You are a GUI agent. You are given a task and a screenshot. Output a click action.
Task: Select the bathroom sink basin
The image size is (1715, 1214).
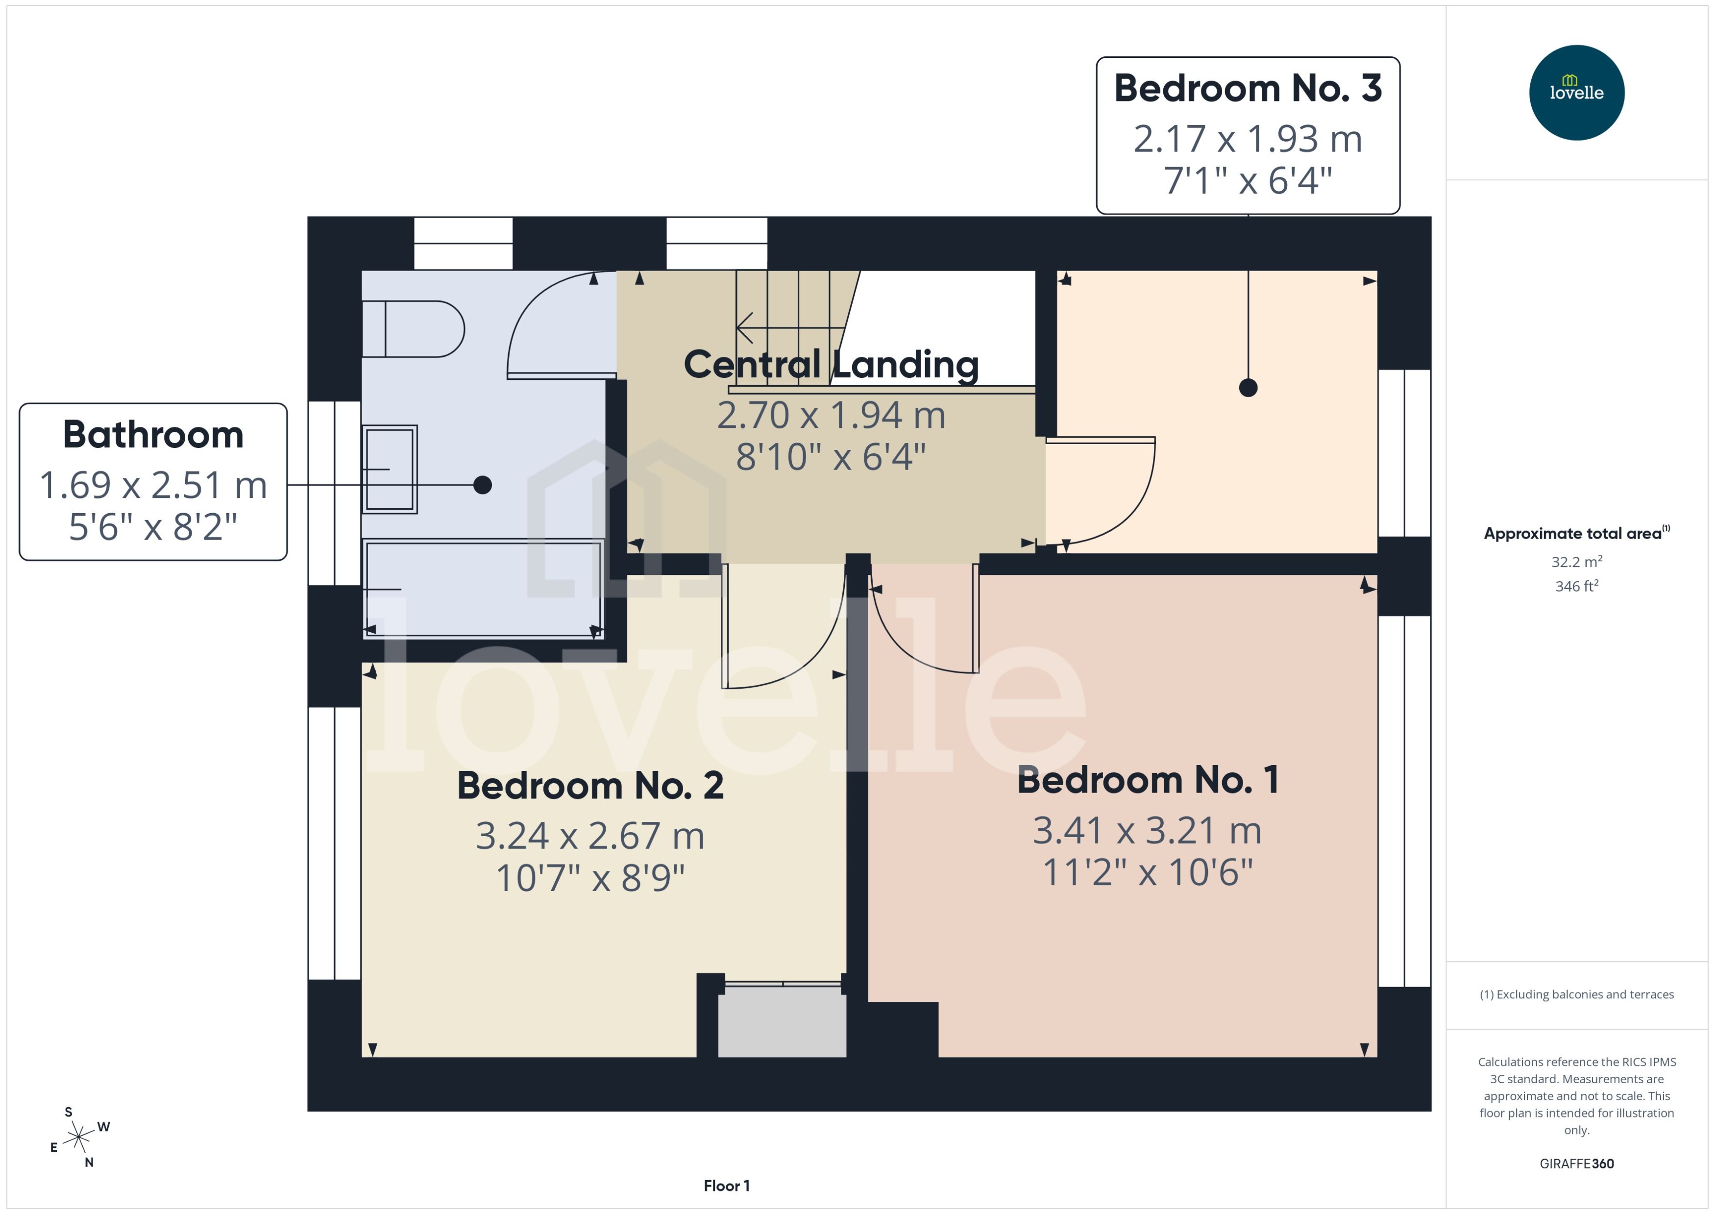pos(390,469)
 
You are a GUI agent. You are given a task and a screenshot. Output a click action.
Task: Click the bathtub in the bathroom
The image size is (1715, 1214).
pos(483,589)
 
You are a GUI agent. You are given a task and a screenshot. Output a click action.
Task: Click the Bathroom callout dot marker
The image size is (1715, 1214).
pos(483,485)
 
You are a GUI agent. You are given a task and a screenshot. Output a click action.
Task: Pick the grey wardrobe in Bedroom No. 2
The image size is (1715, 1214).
pos(781,1021)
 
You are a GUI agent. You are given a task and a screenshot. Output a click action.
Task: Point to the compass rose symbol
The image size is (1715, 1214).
pos(78,1137)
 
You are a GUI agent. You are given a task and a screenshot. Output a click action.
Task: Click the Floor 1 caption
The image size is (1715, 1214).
pos(726,1186)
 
